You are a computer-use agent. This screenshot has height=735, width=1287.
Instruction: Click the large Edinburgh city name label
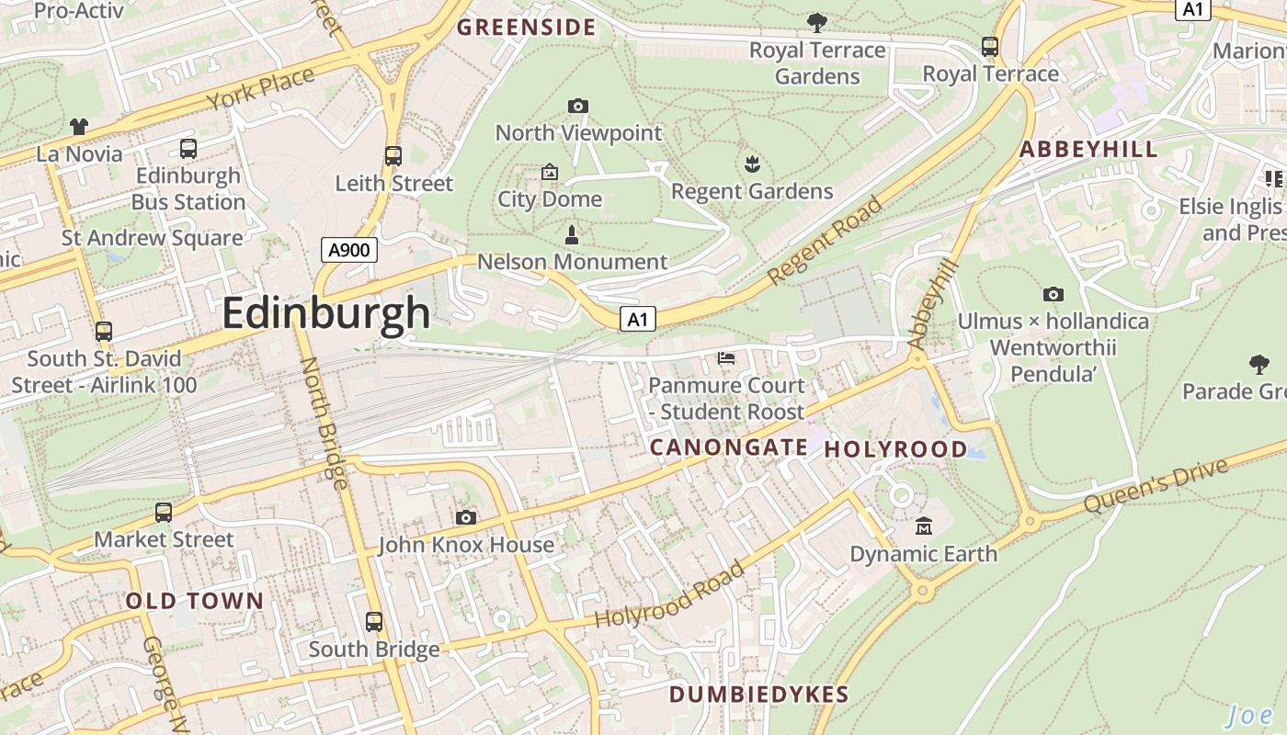click(325, 313)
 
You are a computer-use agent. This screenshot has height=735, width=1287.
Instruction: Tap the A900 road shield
click(349, 249)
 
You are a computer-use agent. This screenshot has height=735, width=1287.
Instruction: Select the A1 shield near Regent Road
click(638, 320)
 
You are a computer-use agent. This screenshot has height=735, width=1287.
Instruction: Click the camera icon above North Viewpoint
click(578, 107)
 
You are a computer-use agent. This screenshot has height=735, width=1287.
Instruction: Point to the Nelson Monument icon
click(571, 234)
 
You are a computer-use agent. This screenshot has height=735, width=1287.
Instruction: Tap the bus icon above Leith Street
click(393, 155)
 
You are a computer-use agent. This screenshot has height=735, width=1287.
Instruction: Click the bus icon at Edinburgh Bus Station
click(188, 148)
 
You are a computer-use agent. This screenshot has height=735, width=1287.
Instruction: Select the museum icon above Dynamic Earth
click(924, 526)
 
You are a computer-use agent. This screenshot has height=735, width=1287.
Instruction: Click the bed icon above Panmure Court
click(726, 358)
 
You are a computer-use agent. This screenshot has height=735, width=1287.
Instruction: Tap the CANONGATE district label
click(729, 447)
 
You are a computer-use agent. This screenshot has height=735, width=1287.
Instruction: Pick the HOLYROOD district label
click(895, 449)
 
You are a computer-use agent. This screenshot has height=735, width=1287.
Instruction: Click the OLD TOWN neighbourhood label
click(195, 602)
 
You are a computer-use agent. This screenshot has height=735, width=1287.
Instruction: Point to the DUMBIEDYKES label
click(758, 695)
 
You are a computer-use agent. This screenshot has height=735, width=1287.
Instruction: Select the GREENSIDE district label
click(527, 28)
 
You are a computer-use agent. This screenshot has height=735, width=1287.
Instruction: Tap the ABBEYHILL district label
click(1088, 150)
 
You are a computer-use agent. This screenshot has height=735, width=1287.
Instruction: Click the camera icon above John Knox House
click(466, 518)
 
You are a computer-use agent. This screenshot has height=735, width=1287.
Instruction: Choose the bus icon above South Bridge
click(374, 622)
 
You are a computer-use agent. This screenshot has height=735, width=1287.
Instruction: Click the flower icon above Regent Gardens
click(752, 164)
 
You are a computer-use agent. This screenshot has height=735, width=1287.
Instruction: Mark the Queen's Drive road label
click(1156, 487)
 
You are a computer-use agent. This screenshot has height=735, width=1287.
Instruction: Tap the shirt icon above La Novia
click(79, 127)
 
